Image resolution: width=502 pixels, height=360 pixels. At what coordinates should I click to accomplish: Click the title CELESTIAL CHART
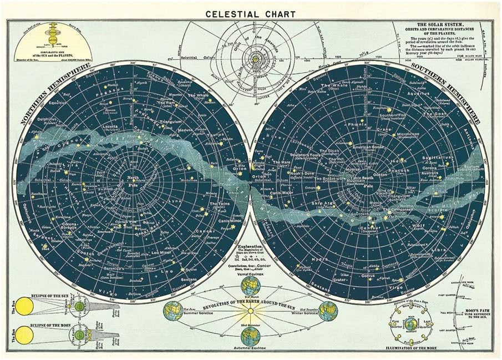[x=250, y=13]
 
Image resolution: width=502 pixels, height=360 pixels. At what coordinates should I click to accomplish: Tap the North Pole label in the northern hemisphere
[x=133, y=180]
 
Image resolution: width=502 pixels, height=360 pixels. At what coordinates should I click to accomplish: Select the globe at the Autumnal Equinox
[x=250, y=334]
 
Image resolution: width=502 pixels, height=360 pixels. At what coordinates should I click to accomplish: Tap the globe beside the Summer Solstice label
[x=172, y=311]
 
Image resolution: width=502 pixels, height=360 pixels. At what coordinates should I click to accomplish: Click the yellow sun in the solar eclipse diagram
[x=26, y=305]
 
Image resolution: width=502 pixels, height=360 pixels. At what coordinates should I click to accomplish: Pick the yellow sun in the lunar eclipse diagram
[x=25, y=334]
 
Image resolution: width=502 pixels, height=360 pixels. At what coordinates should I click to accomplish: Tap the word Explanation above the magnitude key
[x=252, y=246]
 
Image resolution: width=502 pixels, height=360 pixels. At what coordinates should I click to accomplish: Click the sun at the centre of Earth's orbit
[x=250, y=311]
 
